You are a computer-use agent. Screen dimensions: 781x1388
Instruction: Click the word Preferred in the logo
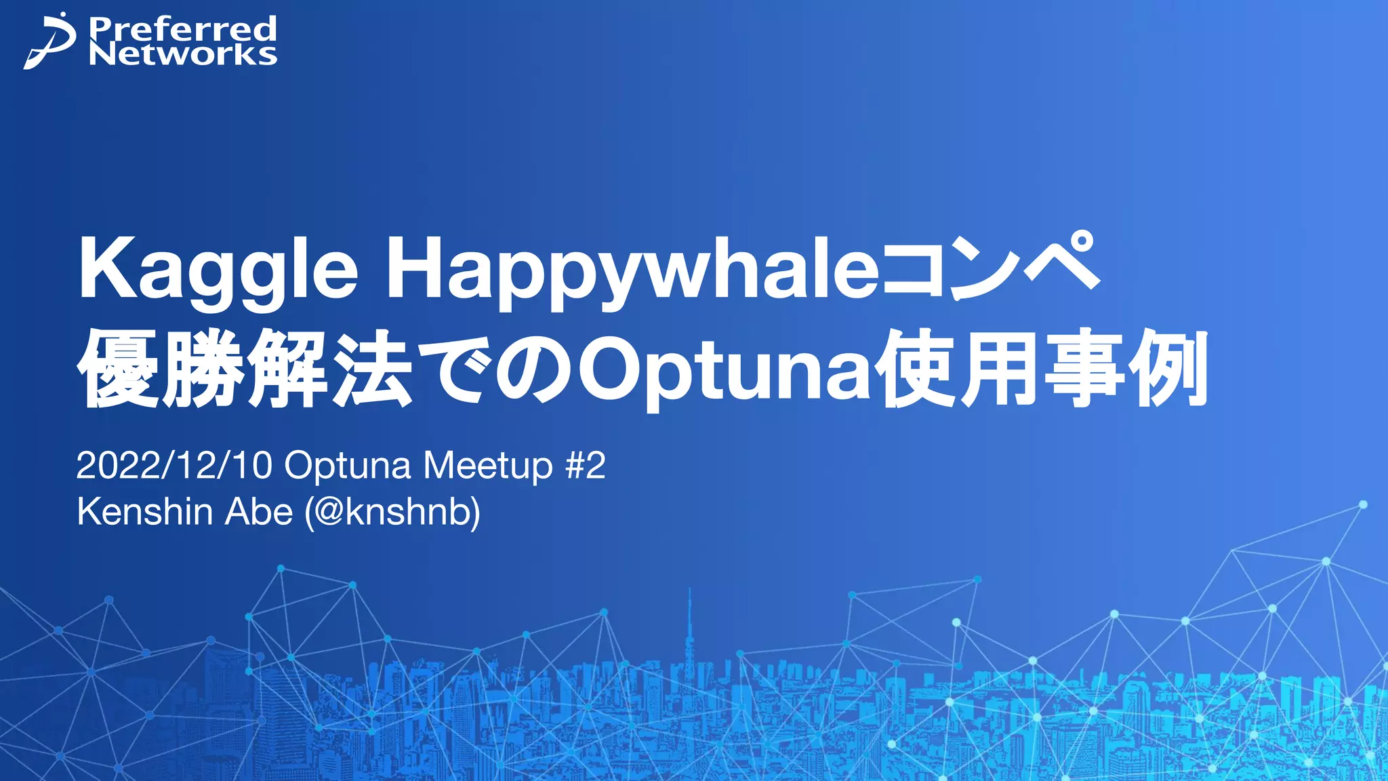pyautogui.click(x=182, y=28)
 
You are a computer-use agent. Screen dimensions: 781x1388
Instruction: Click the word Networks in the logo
pyautogui.click(x=182, y=54)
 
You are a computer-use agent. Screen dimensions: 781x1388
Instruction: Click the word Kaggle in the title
pyautogui.click(x=218, y=269)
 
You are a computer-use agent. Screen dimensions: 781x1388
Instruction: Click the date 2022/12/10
pyautogui.click(x=174, y=466)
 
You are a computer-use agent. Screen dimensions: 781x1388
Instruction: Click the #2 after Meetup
pyautogui.click(x=585, y=466)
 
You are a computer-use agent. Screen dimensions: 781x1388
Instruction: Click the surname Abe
pyautogui.click(x=259, y=512)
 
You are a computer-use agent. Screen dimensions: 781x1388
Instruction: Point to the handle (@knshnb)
pyautogui.click(x=392, y=512)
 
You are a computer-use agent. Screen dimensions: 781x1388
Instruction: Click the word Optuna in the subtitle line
pyautogui.click(x=347, y=466)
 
